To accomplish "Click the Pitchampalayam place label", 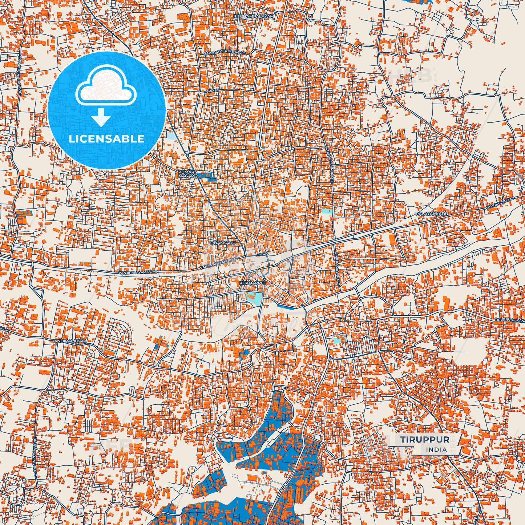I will pyautogui.click(x=254, y=17).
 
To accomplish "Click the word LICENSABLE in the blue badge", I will pyautogui.click(x=107, y=139).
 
